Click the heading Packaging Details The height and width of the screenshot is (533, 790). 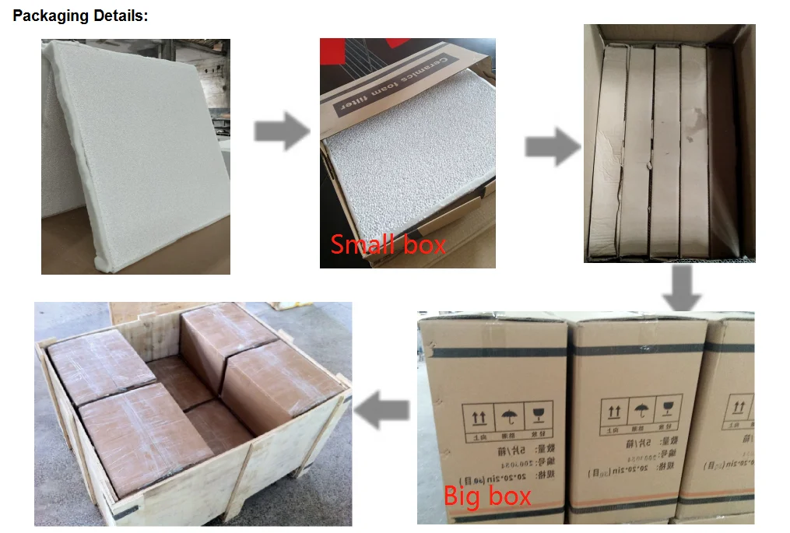(x=80, y=16)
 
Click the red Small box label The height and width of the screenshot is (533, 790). (x=388, y=244)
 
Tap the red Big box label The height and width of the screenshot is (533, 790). (x=487, y=496)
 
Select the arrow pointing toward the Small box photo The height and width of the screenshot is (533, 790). (x=281, y=131)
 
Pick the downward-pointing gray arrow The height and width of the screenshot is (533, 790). (x=681, y=289)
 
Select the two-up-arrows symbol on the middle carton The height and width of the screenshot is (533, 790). (x=613, y=412)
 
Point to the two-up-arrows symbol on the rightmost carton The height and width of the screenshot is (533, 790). (x=739, y=407)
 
